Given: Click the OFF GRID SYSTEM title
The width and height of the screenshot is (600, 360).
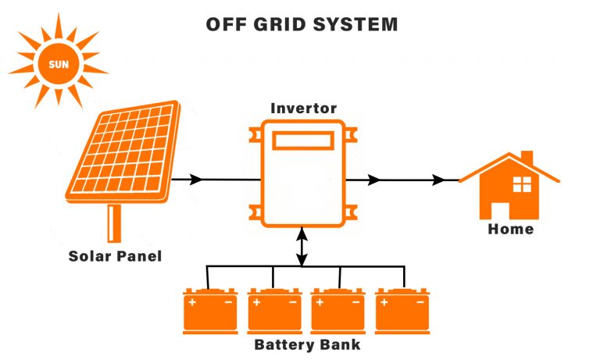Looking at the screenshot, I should [302, 24].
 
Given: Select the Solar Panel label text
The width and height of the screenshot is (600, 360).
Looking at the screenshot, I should [115, 255].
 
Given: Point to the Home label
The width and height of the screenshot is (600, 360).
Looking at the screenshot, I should [510, 229].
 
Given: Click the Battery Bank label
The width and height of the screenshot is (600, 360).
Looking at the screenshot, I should [307, 344].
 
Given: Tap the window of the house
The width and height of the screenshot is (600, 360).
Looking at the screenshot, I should [521, 184].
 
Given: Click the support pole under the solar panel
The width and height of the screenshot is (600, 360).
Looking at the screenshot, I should [115, 222].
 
